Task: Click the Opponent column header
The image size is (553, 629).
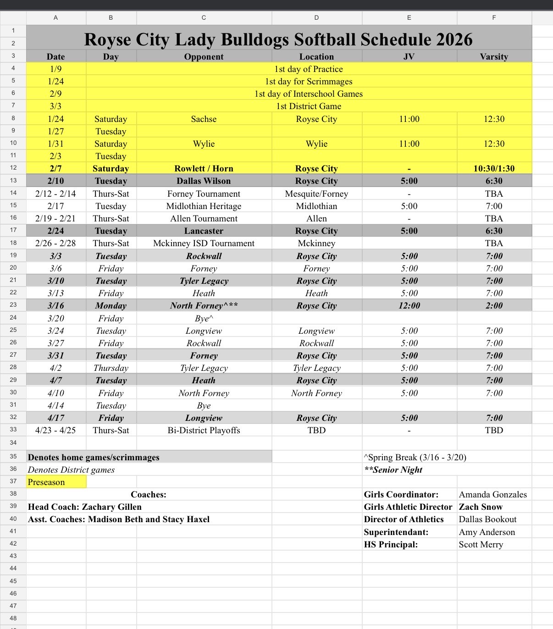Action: (204, 56)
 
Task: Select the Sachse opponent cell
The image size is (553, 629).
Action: (204, 119)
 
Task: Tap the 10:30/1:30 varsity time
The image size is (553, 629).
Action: (494, 168)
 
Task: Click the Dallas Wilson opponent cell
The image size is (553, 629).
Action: (204, 181)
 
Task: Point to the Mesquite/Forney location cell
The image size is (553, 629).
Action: (316, 193)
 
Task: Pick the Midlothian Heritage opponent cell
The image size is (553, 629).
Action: (204, 206)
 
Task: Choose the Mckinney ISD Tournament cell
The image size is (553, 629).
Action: (204, 243)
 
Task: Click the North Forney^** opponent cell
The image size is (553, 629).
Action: (204, 305)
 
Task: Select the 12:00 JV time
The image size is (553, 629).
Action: (409, 305)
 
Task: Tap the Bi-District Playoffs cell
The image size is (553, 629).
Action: (204, 430)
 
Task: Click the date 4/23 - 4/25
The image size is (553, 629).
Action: (55, 430)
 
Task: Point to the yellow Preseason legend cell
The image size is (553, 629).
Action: (56, 482)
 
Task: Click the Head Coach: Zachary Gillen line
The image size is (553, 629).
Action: (85, 507)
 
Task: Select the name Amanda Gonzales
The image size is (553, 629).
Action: (492, 494)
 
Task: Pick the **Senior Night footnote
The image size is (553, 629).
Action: (393, 469)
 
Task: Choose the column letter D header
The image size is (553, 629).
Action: (316, 17)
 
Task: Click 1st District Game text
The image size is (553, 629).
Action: (309, 106)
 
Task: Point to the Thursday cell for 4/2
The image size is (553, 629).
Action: (111, 368)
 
